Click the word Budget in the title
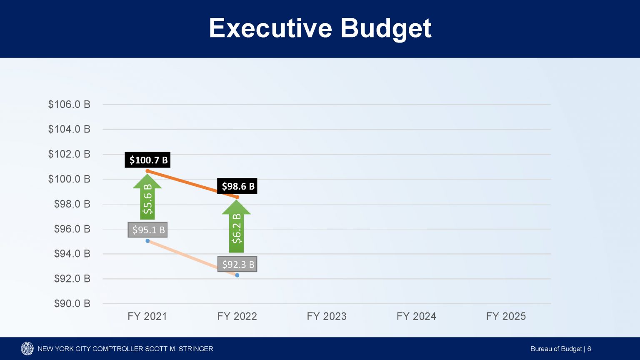[386, 28]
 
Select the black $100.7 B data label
[148, 160]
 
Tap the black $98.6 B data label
[238, 186]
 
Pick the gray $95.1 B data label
[148, 230]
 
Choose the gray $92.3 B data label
[237, 264]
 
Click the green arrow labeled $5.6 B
[147, 198]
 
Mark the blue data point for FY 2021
[147, 241]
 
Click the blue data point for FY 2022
[237, 275]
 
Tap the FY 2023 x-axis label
[327, 316]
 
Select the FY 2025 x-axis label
[506, 316]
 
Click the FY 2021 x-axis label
[147, 316]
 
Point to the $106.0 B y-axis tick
[69, 105]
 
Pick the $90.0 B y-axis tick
[72, 304]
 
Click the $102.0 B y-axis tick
[69, 154]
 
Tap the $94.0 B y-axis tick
[72, 254]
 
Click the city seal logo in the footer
[27, 349]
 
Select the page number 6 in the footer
[589, 349]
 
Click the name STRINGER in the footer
[195, 349]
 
